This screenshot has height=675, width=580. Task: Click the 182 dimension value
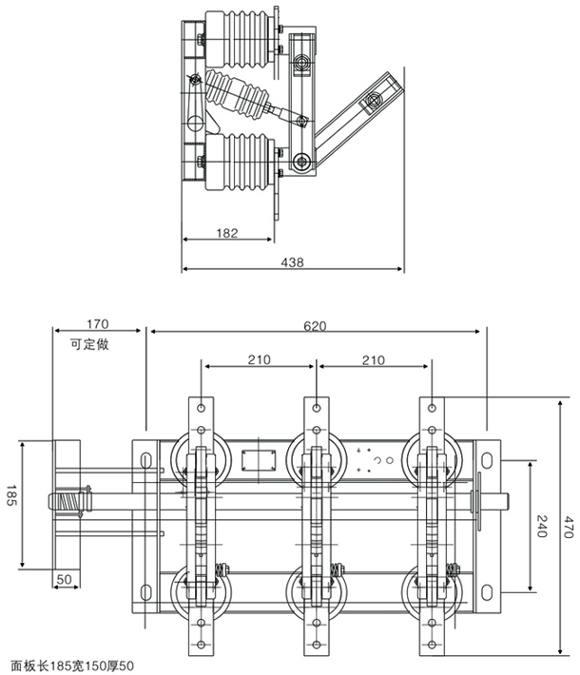226,231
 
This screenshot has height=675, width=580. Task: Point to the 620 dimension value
315,325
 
